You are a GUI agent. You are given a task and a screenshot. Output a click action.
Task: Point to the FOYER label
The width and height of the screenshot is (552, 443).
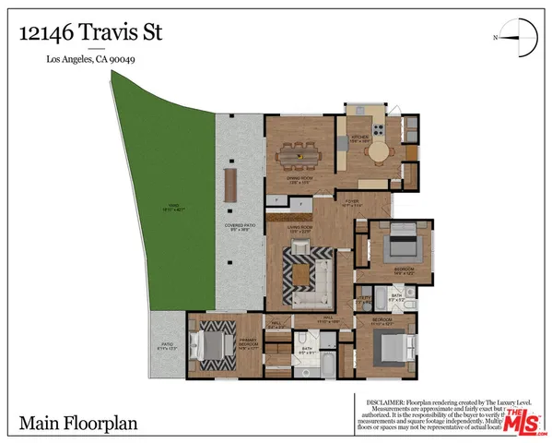352,202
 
